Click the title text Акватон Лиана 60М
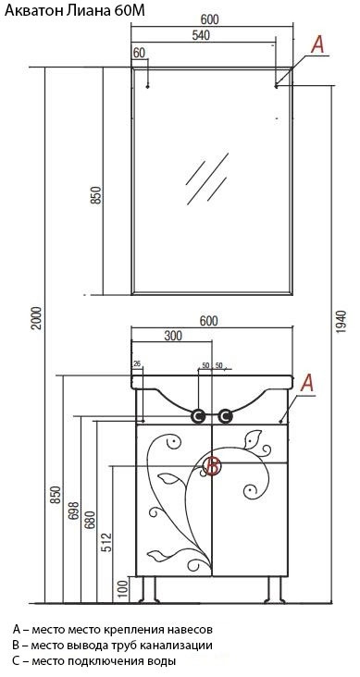click(x=75, y=11)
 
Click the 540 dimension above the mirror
click(x=200, y=36)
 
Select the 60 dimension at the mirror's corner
click(x=139, y=53)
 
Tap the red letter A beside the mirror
click(x=317, y=45)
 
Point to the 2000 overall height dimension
click(x=38, y=318)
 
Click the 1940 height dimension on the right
click(x=341, y=322)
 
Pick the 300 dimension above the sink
click(x=172, y=335)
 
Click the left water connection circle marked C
click(x=198, y=416)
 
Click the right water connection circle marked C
click(x=225, y=416)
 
